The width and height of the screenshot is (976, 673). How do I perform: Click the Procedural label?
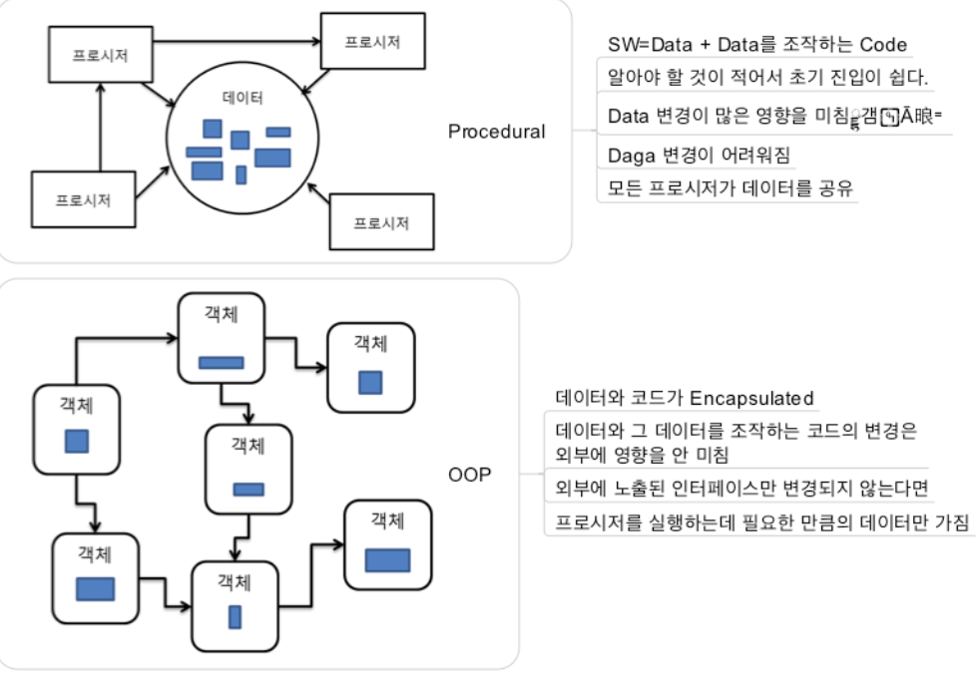496,132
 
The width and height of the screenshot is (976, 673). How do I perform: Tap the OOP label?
470,475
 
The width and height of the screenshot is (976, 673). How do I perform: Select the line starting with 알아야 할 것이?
768,77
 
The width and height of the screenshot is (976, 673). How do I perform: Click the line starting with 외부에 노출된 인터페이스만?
742,489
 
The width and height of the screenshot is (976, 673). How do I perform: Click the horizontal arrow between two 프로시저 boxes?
239,42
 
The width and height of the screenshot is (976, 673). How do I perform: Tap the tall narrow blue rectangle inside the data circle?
241,174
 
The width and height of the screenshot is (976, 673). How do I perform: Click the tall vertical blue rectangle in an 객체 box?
235,617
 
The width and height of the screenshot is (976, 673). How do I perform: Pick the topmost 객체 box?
221,338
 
